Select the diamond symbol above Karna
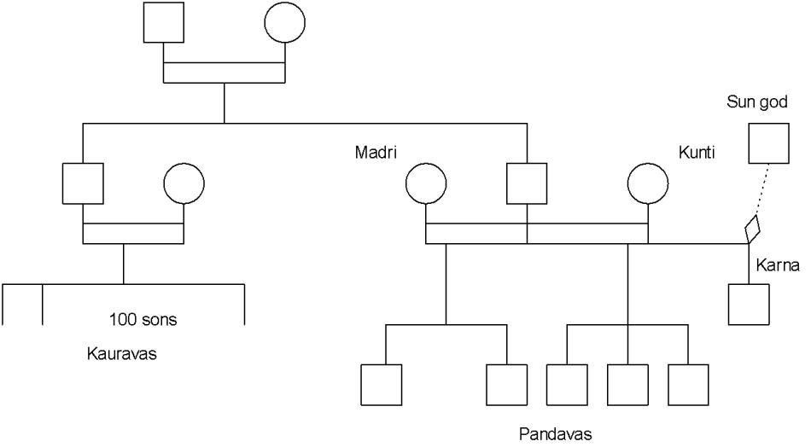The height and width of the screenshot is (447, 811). point(752,229)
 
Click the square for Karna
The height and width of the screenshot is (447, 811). point(749,304)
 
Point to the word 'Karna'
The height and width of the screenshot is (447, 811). point(777,267)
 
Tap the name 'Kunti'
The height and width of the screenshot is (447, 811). point(697,153)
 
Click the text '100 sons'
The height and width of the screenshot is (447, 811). point(143,321)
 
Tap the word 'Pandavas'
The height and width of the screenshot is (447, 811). point(555,433)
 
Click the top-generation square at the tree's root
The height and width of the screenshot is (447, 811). point(163,23)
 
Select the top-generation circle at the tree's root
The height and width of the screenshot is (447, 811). point(285,23)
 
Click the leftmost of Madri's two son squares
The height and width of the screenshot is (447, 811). point(381,385)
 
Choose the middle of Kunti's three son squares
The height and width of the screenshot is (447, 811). point(627,385)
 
